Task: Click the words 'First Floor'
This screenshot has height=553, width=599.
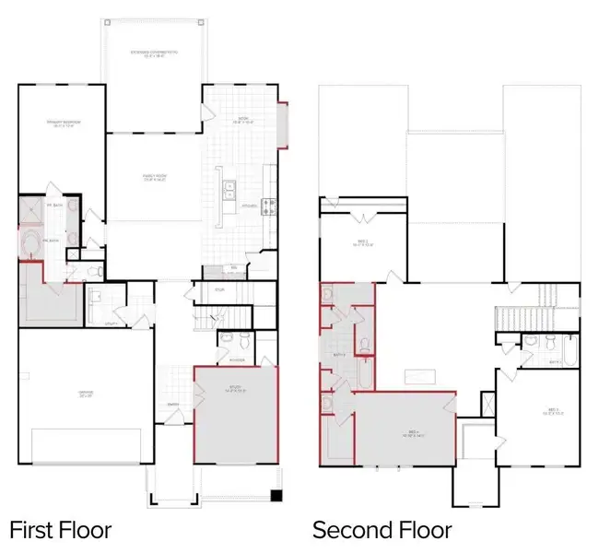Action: [60, 530]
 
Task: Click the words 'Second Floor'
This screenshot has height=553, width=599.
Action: [382, 530]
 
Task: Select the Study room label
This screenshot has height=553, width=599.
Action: [236, 388]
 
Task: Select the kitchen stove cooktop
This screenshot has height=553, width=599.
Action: [270, 206]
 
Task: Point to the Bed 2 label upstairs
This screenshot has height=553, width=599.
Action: [363, 244]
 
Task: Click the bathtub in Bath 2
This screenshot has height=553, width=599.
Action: [563, 351]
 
